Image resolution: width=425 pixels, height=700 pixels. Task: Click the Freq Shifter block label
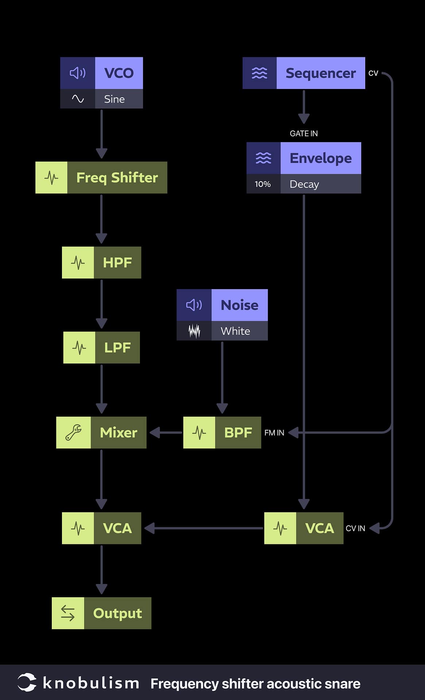tap(117, 178)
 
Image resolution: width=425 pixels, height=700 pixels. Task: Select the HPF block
tap(102, 262)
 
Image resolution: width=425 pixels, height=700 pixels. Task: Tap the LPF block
tap(102, 347)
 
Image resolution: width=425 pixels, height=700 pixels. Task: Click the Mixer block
tap(101, 432)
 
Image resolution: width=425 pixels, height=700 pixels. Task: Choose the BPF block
tap(222, 432)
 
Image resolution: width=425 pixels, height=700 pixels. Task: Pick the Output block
tap(101, 613)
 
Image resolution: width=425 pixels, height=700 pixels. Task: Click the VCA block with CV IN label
tap(304, 528)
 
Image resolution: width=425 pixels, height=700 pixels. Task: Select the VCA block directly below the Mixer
tap(102, 528)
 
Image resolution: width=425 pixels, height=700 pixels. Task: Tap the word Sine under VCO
tap(114, 99)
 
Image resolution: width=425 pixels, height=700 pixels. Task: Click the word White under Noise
tap(235, 331)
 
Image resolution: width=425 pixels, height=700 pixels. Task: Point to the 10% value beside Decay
tap(263, 184)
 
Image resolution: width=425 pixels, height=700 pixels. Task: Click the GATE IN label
tap(304, 133)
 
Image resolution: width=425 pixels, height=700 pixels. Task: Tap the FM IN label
tap(274, 433)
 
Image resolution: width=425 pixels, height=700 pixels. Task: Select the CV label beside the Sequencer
tap(373, 73)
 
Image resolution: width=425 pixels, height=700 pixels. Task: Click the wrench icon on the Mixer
tap(73, 432)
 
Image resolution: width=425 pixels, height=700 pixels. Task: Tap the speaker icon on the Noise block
tap(194, 305)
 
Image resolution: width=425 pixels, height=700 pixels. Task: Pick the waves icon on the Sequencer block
tap(260, 73)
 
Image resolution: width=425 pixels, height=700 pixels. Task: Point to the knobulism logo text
tap(91, 683)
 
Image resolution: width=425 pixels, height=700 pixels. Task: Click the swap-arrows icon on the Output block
tap(68, 613)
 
